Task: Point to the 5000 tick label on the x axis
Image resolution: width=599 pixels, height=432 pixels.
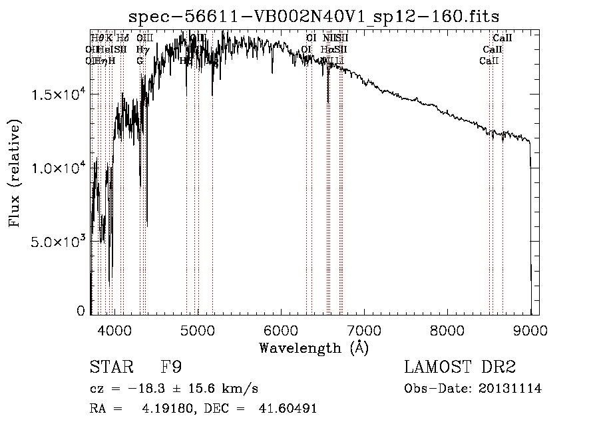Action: click(x=198, y=329)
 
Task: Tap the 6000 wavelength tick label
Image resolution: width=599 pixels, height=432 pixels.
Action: click(x=281, y=329)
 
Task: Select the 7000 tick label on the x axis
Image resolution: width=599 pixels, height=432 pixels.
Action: click(x=364, y=329)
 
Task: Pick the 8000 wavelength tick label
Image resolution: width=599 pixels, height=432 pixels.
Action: click(x=447, y=329)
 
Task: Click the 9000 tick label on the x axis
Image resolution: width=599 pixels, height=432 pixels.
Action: click(x=530, y=329)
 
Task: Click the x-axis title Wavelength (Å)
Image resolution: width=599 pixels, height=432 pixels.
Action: click(x=313, y=347)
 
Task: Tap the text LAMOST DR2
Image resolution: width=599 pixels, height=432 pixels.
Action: click(x=460, y=367)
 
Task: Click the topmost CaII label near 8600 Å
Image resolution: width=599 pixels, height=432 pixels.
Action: click(x=502, y=39)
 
